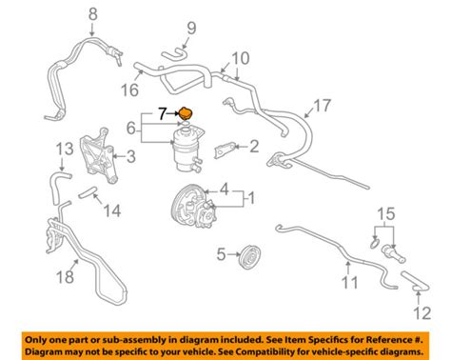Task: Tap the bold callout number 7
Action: [163, 113]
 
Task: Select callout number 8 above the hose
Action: [92, 14]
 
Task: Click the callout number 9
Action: [191, 29]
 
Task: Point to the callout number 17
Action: [323, 106]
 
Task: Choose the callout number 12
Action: [422, 312]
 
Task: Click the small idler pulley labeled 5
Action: [250, 257]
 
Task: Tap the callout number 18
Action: [66, 276]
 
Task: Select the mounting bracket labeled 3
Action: [98, 156]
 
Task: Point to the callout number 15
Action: [386, 213]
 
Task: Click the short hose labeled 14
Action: [87, 192]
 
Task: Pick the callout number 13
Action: [65, 149]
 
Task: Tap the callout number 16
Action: [129, 90]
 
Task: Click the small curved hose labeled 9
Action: [175, 53]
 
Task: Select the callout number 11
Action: [350, 282]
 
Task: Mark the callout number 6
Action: [131, 128]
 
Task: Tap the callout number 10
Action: [241, 58]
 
